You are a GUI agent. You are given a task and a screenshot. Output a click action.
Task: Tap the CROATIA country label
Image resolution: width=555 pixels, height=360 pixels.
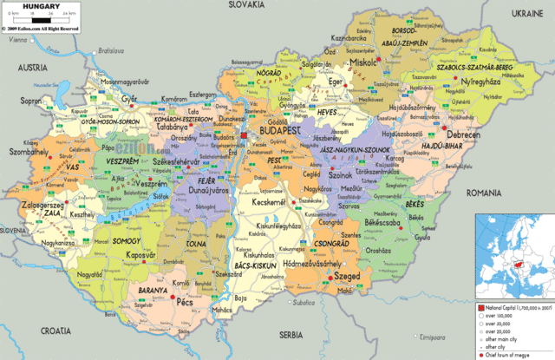pyautogui.click(x=54, y=331)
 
